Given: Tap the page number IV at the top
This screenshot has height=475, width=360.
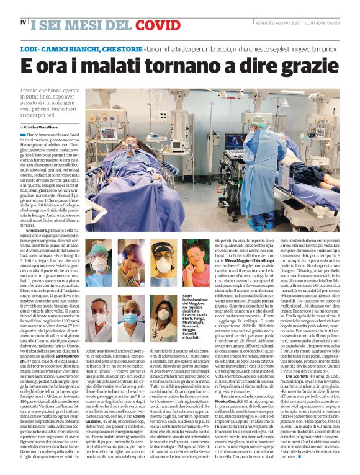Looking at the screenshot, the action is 23,23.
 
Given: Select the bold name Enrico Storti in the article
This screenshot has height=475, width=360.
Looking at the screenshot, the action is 40,230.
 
